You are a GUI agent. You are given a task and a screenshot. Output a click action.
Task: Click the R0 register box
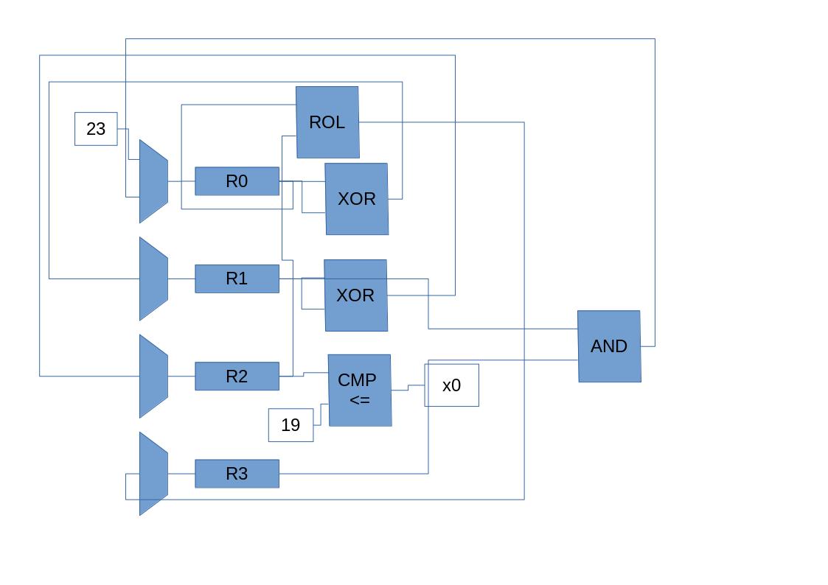pos(237,181)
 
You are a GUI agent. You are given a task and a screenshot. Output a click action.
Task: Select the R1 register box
pos(237,279)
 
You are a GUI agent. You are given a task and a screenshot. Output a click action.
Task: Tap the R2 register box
pos(237,376)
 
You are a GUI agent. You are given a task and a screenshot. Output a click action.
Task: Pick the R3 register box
pos(237,474)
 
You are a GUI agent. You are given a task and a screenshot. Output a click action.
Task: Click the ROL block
pos(327,122)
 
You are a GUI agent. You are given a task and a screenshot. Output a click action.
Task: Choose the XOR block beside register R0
pos(357,199)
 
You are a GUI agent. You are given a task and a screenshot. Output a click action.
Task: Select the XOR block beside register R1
pos(355,295)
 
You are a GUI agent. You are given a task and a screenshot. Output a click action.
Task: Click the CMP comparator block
pos(359,390)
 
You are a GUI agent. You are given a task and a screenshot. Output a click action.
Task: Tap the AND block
pos(609,346)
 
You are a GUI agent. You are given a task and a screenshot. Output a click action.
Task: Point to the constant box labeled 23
pos(96,129)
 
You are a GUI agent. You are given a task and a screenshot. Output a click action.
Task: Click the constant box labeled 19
pos(291,425)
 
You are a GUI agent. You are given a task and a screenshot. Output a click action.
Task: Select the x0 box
pos(451,385)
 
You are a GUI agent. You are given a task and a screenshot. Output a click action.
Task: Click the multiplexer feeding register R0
pos(153,181)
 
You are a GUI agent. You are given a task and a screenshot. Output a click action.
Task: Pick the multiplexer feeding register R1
pos(153,279)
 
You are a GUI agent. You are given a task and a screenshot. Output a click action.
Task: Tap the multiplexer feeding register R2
pos(153,376)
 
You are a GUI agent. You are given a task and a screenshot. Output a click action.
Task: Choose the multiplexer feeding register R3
pos(153,474)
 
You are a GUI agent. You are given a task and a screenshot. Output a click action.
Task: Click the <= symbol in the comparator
pos(359,400)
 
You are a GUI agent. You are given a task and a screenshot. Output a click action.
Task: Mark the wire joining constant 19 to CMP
pos(321,415)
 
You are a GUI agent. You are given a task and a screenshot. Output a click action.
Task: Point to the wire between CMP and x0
pos(408,388)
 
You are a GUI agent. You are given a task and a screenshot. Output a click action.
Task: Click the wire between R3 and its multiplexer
pos(181,474)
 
